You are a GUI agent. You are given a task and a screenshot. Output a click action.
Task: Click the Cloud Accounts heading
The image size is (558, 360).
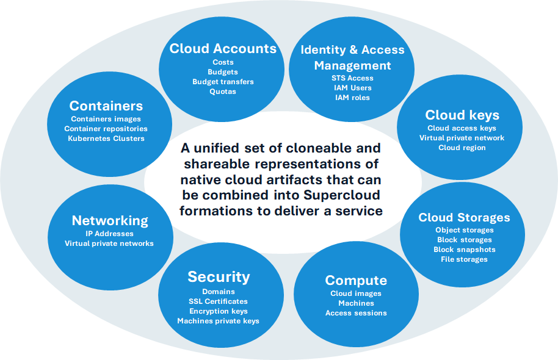[223, 48]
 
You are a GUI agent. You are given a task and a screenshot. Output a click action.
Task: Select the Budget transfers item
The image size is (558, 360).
[223, 82]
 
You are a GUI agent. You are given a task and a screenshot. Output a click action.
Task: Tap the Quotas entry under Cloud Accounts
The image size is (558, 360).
[223, 92]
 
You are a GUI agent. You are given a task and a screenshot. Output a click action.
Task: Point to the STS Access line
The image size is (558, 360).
[352, 78]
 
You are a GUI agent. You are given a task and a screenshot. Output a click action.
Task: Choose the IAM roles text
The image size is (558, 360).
[352, 98]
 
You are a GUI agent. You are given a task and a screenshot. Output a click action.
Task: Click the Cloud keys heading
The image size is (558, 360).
[462, 115]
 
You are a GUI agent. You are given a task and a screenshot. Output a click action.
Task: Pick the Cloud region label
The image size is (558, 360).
[462, 148]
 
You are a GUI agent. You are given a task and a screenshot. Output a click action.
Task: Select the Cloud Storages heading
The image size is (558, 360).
[464, 217]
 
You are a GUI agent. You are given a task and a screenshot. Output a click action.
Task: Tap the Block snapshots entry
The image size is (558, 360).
[464, 250]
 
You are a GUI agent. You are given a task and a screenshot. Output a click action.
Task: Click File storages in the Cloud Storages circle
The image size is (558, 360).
[464, 259]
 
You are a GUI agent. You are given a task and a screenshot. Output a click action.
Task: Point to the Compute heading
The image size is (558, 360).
[356, 280]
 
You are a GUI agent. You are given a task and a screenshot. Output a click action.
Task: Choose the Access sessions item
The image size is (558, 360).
[356, 313]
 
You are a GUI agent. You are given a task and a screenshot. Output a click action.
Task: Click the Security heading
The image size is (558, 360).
[219, 276]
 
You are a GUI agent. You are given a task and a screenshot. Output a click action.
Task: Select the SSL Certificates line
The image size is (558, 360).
[219, 301]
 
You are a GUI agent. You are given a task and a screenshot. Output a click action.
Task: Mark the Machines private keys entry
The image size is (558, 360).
[219, 321]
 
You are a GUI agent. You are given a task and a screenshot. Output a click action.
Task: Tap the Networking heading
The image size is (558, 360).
[110, 220]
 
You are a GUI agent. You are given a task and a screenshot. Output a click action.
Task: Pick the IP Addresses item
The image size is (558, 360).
[110, 234]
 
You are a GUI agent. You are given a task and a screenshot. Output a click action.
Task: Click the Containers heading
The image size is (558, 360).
[106, 106]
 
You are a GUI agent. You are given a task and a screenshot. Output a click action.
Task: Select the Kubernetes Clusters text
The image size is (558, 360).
[106, 139]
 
